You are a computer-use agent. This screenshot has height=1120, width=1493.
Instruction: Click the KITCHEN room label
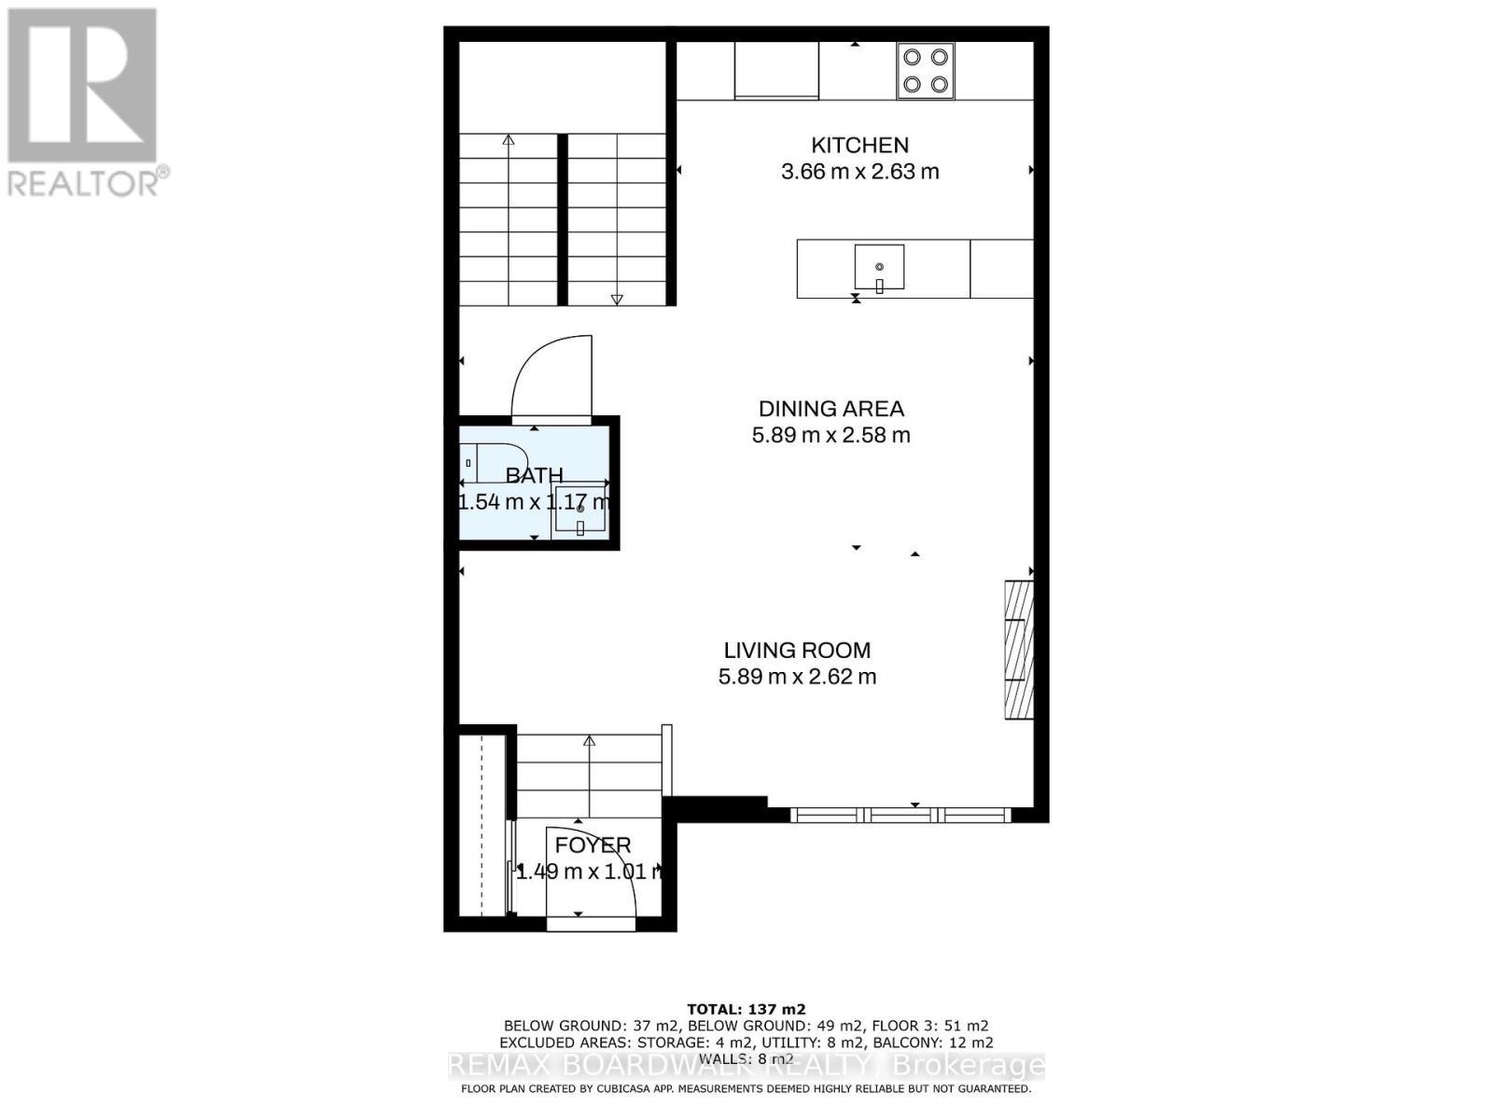tap(859, 146)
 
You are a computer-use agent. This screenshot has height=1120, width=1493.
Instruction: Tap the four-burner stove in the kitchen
tap(925, 70)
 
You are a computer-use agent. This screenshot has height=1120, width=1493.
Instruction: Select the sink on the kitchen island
tap(879, 268)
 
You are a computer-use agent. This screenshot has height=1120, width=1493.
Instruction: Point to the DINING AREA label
tap(830, 409)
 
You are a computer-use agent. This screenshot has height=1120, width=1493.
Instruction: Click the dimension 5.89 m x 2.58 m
tap(830, 435)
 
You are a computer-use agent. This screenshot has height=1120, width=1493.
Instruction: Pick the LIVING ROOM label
tap(797, 651)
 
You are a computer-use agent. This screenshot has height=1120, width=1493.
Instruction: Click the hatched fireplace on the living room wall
tap(1018, 650)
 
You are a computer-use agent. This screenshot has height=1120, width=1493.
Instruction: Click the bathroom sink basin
tap(580, 511)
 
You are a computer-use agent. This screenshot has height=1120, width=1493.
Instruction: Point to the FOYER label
tap(593, 846)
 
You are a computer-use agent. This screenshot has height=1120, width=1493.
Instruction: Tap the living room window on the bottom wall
tap(900, 815)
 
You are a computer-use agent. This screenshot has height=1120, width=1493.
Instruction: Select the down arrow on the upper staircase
tap(617, 299)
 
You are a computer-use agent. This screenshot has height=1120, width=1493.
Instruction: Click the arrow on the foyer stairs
tap(590, 743)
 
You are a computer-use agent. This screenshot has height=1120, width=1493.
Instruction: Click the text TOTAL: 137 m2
tap(746, 1009)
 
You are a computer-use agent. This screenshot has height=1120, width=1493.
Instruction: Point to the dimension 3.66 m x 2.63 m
tap(859, 172)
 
